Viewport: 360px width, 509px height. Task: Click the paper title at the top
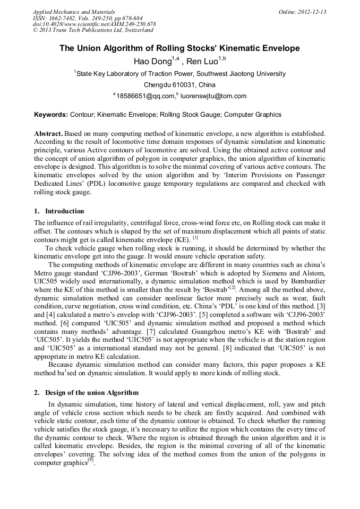179,48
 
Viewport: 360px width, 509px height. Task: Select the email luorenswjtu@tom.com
213,96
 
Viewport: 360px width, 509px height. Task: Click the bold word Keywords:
51,115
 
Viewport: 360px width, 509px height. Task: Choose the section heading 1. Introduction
59,211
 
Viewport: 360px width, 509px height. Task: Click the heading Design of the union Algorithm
92,393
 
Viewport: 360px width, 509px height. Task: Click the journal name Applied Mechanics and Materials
73,12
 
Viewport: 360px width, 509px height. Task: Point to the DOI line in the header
94,24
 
